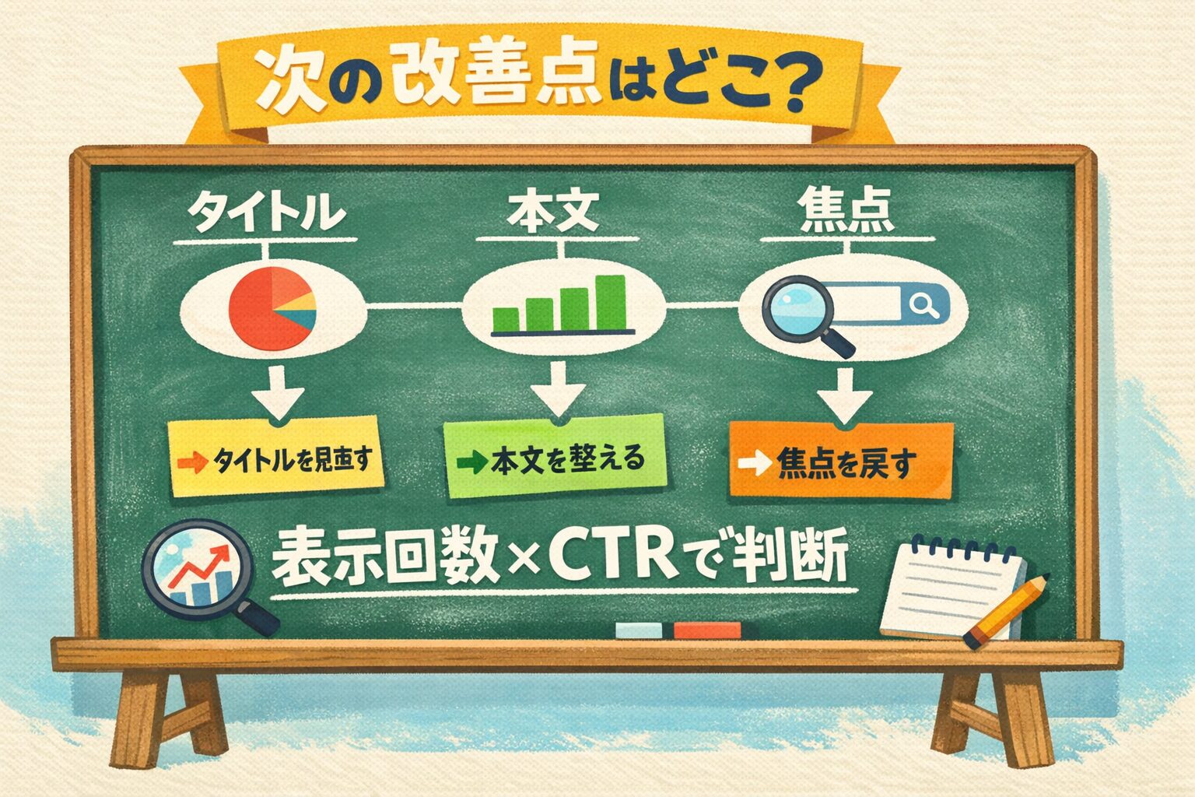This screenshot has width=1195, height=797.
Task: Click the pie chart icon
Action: coord(272,308)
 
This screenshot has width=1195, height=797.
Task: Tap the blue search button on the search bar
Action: coord(924,305)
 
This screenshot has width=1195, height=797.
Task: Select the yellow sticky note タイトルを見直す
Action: coord(275,456)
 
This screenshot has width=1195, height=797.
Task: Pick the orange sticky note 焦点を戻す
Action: coord(841,460)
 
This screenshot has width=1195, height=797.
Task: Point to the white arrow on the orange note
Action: coord(755,463)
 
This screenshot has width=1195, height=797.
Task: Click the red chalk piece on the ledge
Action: coord(707,630)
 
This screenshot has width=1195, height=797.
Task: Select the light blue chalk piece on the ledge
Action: coord(639,630)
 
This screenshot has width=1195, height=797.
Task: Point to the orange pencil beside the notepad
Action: coord(1006,611)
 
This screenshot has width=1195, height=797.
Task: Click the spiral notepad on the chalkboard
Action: coord(953,587)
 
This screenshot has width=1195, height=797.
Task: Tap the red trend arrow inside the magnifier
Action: coord(199,567)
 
